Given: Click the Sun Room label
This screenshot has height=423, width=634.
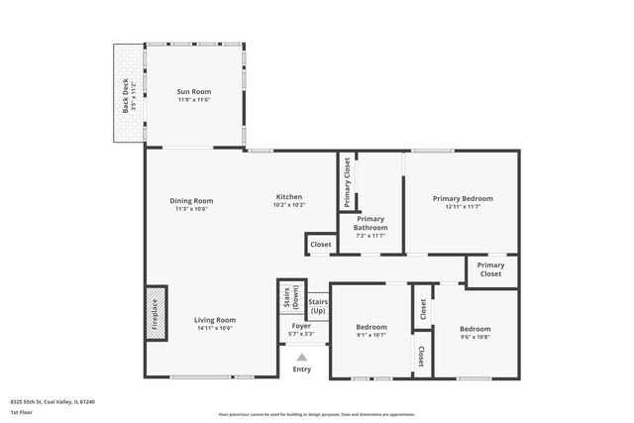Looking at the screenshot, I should click(194, 96).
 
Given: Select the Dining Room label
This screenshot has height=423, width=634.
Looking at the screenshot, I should click(191, 204).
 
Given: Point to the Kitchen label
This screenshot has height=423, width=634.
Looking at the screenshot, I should click(288, 200).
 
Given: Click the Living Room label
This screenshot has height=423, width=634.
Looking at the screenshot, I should click(214, 324).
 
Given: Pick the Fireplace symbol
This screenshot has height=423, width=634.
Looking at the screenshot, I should click(156, 314).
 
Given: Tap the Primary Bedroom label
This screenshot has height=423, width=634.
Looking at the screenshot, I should click(463, 202).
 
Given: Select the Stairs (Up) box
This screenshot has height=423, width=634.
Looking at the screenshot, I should click(318, 305).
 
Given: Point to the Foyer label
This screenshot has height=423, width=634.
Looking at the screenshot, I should click(301, 330).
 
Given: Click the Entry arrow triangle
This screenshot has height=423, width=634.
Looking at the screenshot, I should click(302, 358).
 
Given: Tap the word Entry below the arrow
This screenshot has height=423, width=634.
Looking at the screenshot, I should click(302, 370).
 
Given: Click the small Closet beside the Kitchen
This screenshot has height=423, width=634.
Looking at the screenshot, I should click(321, 244).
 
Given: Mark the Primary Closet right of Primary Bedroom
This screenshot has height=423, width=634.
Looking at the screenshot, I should click(491, 269).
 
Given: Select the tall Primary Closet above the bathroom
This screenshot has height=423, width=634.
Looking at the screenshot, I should click(348, 182).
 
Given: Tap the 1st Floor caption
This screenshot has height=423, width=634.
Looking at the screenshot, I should click(20, 410).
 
